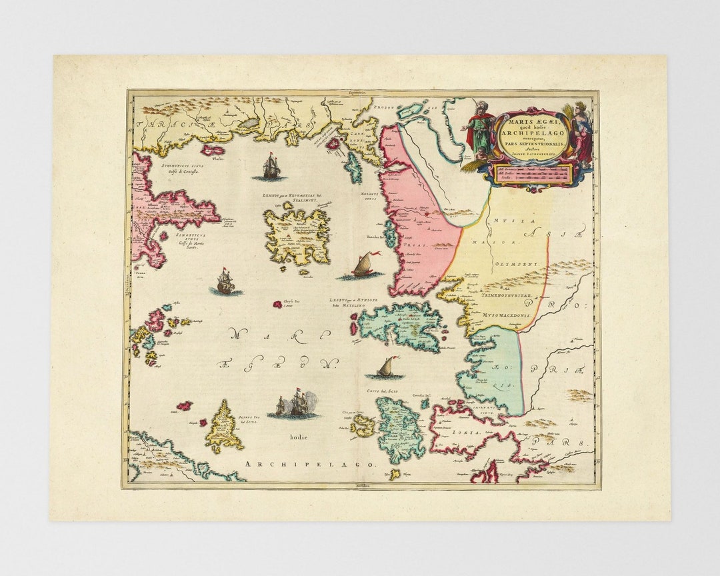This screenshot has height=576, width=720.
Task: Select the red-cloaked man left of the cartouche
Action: tap(479, 127)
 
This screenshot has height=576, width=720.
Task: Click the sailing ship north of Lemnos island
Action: tap(271, 167)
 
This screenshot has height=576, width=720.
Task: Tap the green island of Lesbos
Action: tap(401, 327)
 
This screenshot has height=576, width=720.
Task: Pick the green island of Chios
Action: tap(399, 427)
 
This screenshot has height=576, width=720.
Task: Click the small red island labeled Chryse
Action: tap(276, 304)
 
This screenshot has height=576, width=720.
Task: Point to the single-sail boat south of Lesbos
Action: tap(389, 367)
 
